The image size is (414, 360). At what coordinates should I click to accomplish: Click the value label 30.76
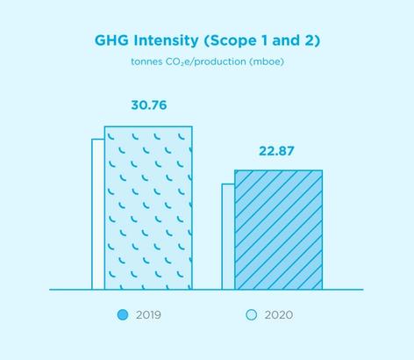pos(149,105)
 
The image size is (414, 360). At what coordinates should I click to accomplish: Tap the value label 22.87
pos(276,151)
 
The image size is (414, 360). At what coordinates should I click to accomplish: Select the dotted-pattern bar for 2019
pos(148,208)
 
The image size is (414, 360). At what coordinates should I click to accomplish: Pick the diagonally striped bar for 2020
pos(279,230)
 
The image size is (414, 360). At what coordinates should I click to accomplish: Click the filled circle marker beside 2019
pos(123,315)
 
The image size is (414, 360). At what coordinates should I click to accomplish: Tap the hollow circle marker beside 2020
pos(252,315)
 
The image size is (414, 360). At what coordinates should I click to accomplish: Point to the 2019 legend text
pos(148,315)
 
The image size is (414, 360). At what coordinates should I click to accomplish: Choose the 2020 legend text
pos(279,315)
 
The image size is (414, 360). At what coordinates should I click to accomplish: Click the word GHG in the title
pos(111,40)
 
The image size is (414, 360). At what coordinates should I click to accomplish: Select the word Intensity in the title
pos(166,41)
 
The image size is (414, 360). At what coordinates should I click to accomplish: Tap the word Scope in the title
pos(231,41)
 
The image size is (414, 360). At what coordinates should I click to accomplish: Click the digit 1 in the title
pos(264,40)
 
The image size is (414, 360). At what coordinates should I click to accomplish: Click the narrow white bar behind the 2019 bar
pos(98,214)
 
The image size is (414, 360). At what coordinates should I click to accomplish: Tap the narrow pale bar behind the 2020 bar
pos(228,237)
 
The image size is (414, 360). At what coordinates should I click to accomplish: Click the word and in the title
pos(286,40)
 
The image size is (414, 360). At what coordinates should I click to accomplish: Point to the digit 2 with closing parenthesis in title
pos(312,41)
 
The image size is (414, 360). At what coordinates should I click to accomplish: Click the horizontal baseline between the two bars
pos(207,290)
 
